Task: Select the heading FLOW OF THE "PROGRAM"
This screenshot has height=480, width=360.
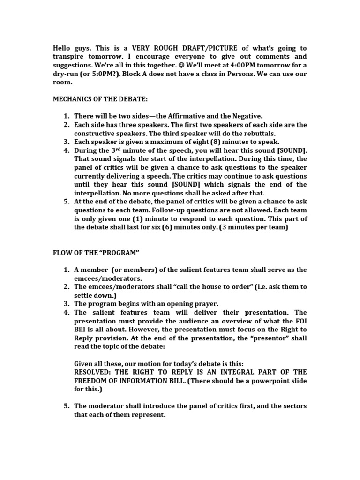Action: pos(96,253)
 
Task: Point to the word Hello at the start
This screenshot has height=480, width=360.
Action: pos(62,48)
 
